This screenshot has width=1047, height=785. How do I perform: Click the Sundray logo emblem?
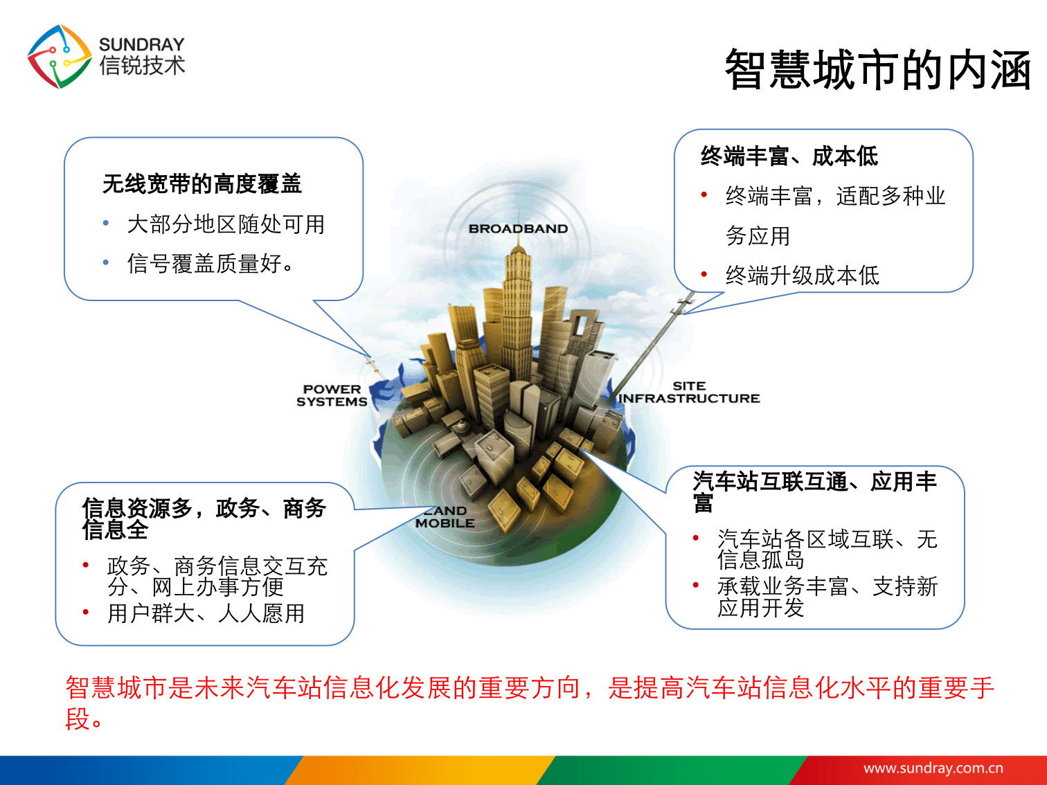[x=59, y=57]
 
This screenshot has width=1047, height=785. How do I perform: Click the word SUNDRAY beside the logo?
[x=141, y=44]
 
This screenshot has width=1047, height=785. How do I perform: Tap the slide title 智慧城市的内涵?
[x=877, y=70]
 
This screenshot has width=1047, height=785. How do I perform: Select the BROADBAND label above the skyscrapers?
[x=518, y=229]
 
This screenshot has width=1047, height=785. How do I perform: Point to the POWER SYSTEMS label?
[x=332, y=395]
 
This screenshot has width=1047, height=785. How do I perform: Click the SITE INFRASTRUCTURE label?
[x=689, y=392]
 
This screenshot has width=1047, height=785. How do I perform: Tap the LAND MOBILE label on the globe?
[x=445, y=517]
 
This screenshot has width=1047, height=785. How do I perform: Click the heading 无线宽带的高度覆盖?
[x=202, y=184]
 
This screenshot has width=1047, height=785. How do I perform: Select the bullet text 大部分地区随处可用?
[x=226, y=224]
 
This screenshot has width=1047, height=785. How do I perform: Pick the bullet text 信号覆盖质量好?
[x=211, y=264]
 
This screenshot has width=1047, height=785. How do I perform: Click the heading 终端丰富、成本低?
[x=789, y=156]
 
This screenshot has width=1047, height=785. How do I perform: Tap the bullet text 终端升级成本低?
[x=802, y=276]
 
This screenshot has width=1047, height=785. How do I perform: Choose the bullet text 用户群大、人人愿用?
[x=206, y=613]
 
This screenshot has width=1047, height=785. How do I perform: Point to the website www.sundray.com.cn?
[x=933, y=768]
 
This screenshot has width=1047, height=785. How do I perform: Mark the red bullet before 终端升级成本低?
[x=704, y=275]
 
